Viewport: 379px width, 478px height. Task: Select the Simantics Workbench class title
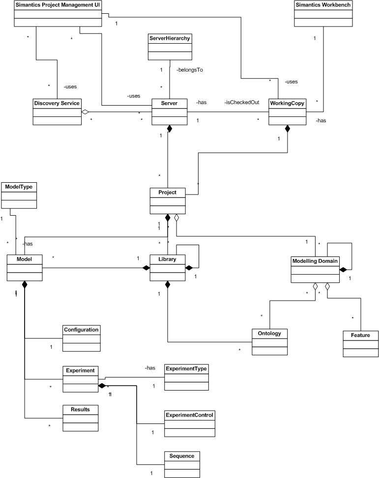pyautogui.click(x=323, y=5)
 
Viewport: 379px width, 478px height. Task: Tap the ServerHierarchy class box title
pyautogui.click(x=169, y=38)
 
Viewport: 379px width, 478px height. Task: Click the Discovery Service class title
pyautogui.click(x=56, y=103)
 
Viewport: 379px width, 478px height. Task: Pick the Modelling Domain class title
pyautogui.click(x=315, y=261)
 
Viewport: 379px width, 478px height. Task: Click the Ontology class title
pyautogui.click(x=269, y=334)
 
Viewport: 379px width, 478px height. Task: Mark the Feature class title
pyautogui.click(x=360, y=335)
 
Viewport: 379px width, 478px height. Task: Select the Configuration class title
pyautogui.click(x=82, y=330)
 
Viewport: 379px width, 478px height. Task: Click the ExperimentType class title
pyautogui.click(x=186, y=368)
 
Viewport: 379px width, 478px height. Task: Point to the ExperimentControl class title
pyautogui.click(x=189, y=415)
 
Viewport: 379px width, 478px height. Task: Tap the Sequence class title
pyautogui.click(x=182, y=456)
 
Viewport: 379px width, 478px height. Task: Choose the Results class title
pyautogui.click(x=82, y=409)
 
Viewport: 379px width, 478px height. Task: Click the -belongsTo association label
pyautogui.click(x=190, y=70)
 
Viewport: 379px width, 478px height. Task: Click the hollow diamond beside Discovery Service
pyautogui.click(x=85, y=112)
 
